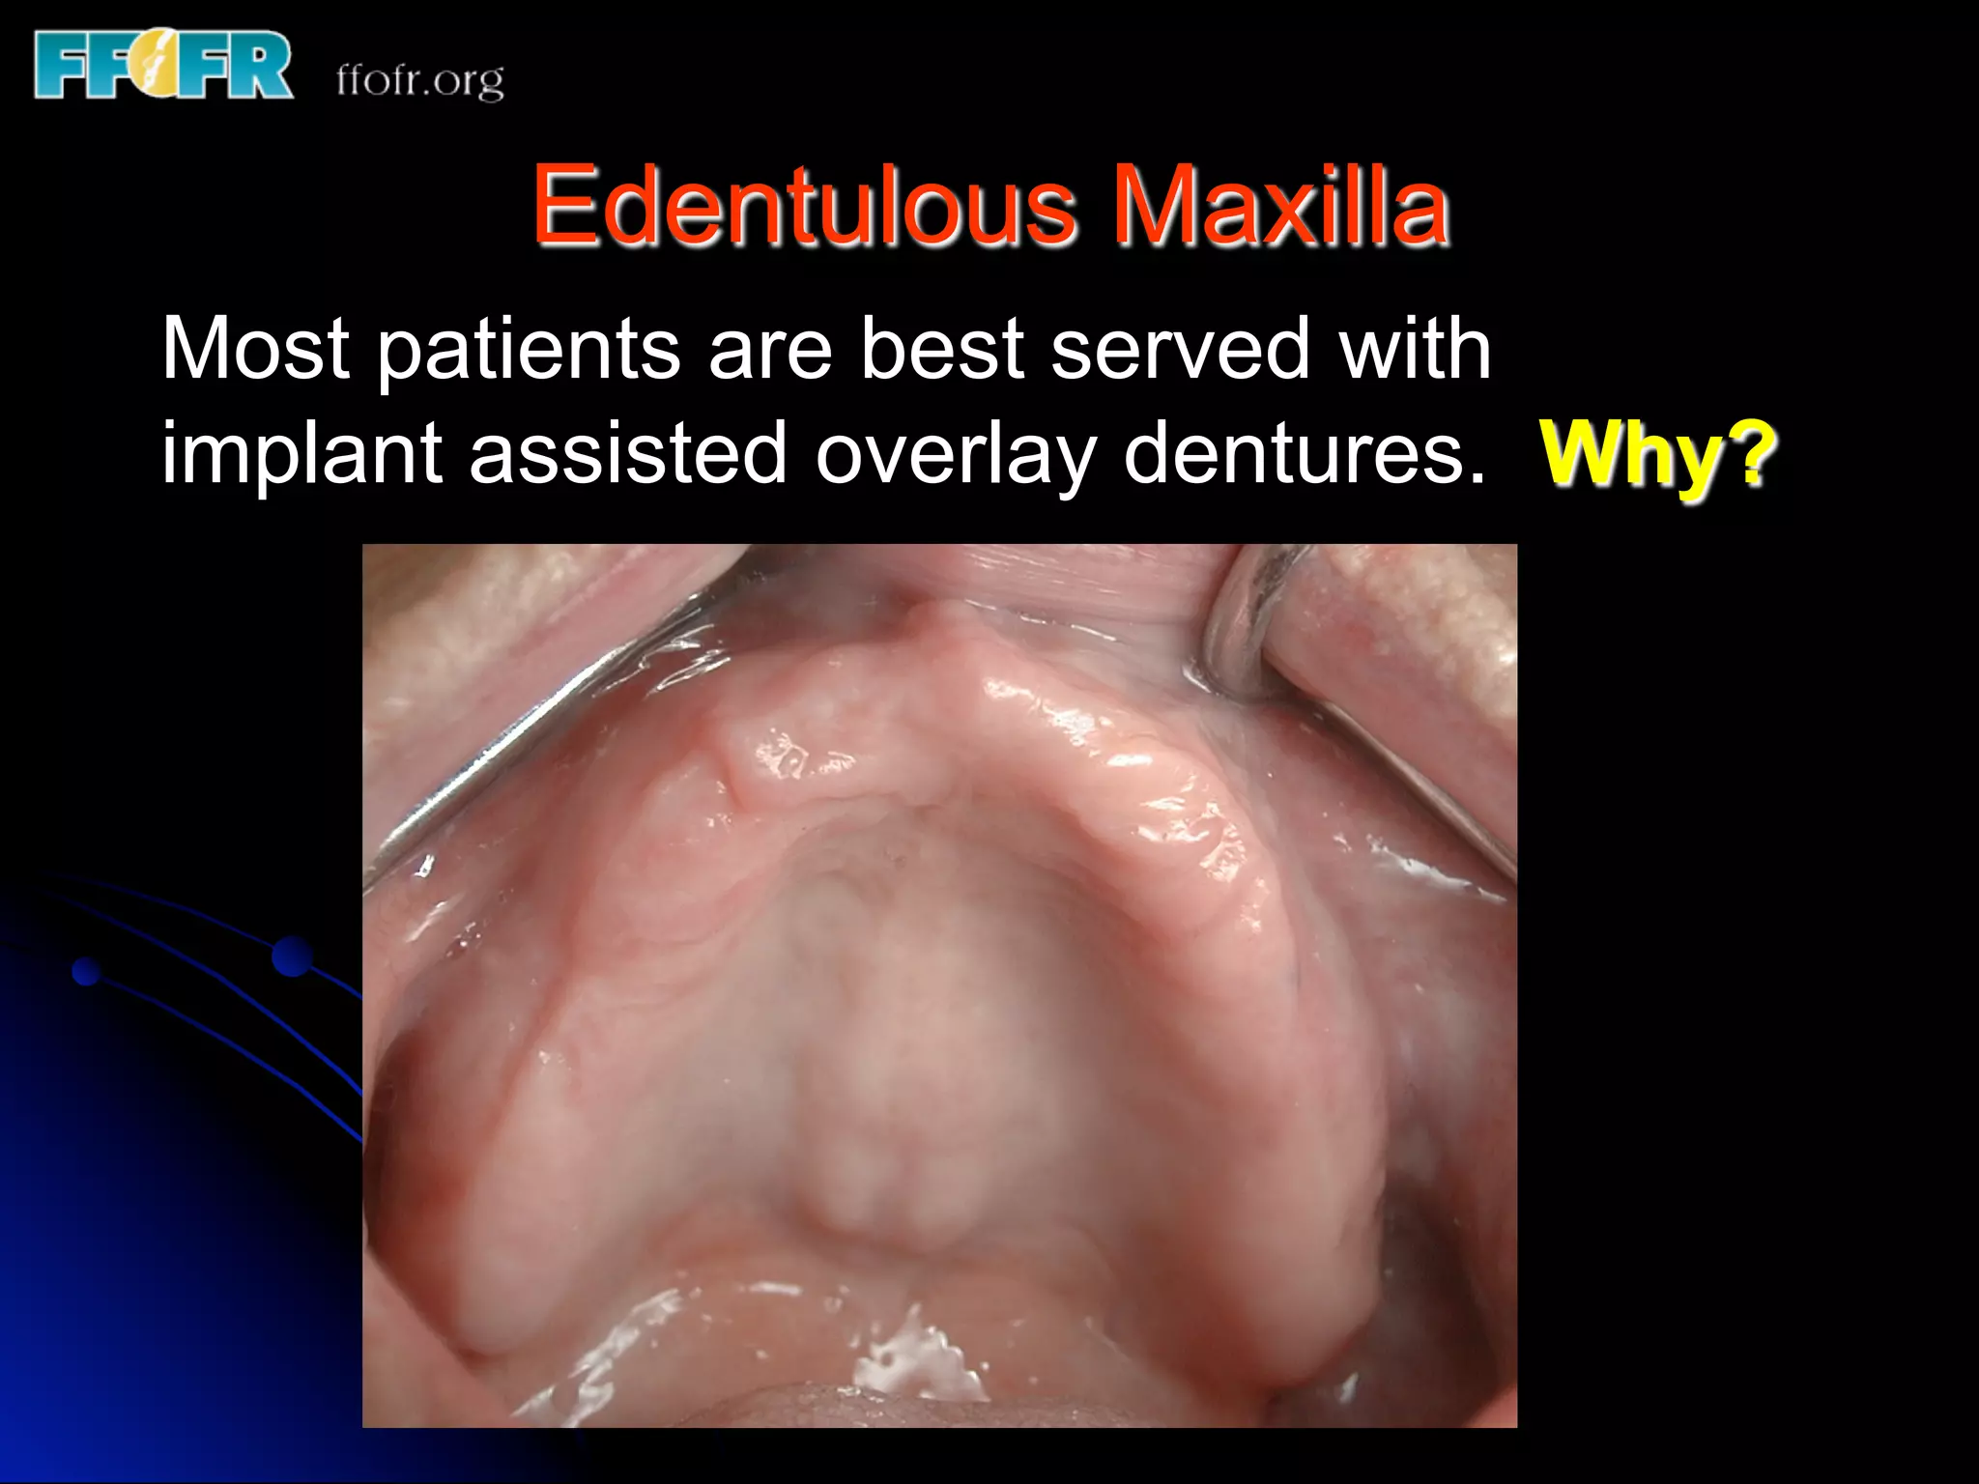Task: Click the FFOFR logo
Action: point(162,65)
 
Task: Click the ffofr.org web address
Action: point(419,79)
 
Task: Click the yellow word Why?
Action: point(1658,454)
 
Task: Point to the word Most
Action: point(255,349)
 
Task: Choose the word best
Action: point(941,349)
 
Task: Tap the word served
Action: point(1180,349)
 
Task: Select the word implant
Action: point(301,454)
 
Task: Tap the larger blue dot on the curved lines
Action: point(292,956)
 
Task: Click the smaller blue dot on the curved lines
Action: point(87,971)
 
